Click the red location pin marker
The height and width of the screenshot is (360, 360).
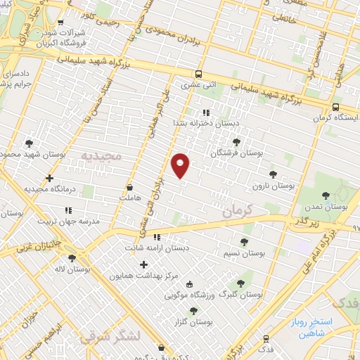(181, 165)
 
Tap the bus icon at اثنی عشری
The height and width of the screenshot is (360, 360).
(199, 74)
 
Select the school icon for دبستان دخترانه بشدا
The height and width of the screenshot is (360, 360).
(205, 112)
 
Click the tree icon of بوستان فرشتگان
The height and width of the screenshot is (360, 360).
(245, 142)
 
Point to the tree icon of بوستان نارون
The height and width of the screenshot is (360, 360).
(273, 174)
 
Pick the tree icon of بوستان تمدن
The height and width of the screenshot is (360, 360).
(325, 196)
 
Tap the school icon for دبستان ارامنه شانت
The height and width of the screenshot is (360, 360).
(157, 238)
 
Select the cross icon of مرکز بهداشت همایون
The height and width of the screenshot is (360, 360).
(144, 265)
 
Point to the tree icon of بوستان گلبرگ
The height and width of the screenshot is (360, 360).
(240, 283)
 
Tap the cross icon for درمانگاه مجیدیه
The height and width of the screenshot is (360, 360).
(49, 179)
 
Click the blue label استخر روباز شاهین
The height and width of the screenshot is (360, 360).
(318, 328)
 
